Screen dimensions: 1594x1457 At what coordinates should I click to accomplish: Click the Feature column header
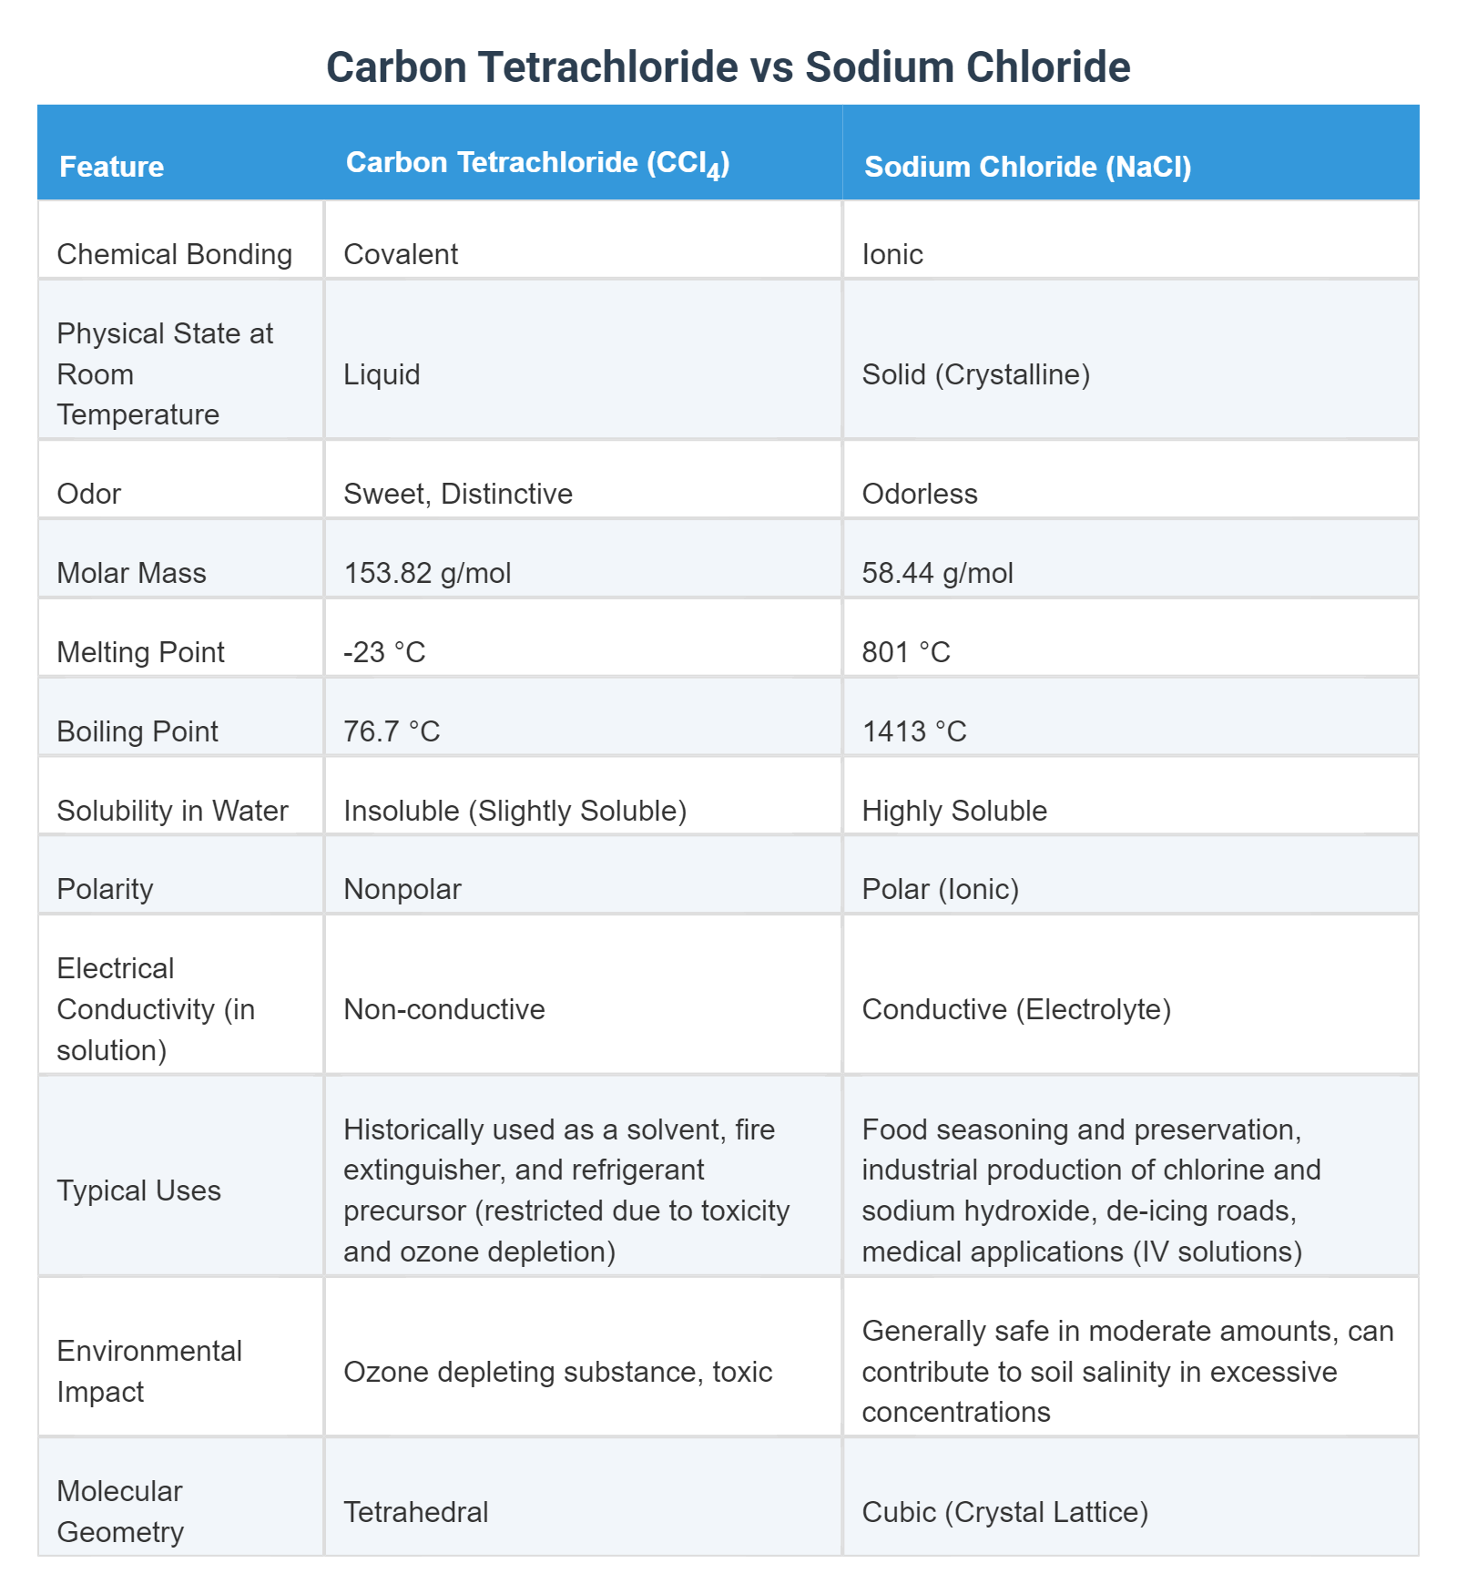[111, 167]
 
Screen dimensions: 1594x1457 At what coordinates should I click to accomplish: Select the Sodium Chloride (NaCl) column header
[1027, 167]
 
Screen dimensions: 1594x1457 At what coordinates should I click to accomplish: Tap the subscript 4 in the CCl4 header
[714, 172]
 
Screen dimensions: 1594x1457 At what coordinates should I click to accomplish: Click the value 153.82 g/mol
[427, 573]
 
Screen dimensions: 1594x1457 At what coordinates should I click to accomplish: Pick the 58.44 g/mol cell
[937, 573]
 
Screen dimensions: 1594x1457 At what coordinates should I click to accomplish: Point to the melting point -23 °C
[384, 652]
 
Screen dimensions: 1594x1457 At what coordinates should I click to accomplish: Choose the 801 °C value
[905, 652]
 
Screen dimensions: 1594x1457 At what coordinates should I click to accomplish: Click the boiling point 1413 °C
[913, 731]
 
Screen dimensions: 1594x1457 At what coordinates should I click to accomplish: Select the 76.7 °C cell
[392, 731]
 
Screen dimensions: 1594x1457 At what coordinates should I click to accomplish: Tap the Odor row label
[88, 494]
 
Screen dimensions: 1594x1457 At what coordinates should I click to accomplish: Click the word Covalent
[401, 254]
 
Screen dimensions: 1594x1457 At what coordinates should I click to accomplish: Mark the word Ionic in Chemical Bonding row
[892, 254]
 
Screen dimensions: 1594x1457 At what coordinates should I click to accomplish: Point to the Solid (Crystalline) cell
[975, 374]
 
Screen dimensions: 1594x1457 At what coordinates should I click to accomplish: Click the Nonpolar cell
[402, 889]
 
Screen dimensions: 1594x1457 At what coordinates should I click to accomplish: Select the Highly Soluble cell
[953, 811]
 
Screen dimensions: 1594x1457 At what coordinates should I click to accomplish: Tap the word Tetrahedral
[415, 1512]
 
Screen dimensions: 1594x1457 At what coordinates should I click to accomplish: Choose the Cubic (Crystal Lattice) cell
[1004, 1512]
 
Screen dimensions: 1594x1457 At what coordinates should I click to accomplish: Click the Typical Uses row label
[138, 1190]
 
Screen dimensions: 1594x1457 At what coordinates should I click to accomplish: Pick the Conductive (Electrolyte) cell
[1015, 1009]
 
